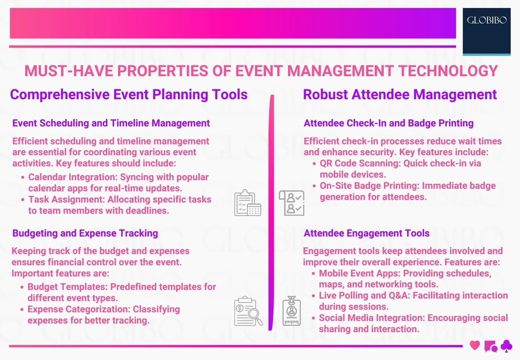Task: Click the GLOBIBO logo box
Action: [486, 31]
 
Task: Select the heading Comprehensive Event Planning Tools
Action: [129, 95]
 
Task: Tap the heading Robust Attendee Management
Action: [400, 95]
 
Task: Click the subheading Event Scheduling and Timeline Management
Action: [111, 123]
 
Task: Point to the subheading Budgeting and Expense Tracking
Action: [85, 233]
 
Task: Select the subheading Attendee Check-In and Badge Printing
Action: [388, 123]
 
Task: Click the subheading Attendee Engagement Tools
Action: [366, 233]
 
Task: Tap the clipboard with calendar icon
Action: [248, 203]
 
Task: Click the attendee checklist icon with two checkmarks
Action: [292, 203]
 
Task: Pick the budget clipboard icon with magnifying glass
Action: [248, 311]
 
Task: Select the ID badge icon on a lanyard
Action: [292, 311]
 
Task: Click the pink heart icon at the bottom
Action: [475, 346]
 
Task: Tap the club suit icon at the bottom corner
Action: [506, 346]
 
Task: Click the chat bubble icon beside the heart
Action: [491, 347]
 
